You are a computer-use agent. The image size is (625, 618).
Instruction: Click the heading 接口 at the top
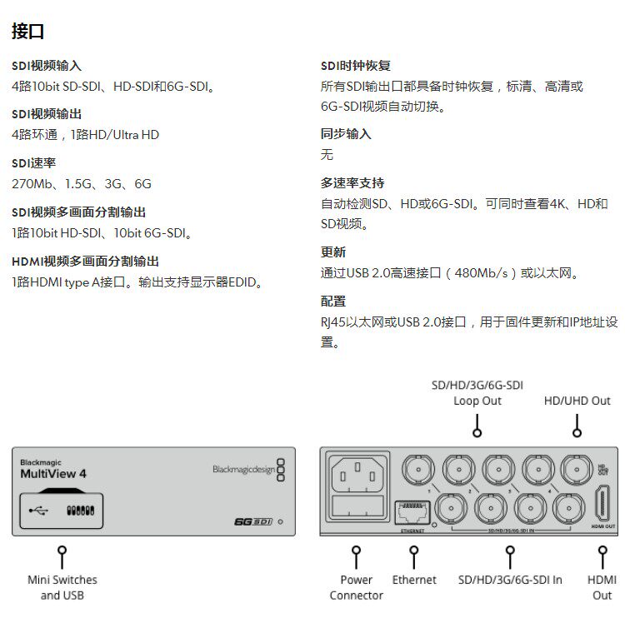click(x=27, y=32)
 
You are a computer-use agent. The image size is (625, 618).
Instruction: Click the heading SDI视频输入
click(x=47, y=65)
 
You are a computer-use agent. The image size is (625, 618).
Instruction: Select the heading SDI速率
click(x=34, y=162)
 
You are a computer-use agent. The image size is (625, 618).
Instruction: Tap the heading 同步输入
click(x=346, y=133)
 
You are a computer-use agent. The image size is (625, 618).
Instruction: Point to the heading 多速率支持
click(x=352, y=182)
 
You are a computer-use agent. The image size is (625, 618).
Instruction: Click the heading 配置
click(x=333, y=301)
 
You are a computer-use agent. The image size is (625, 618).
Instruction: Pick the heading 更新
click(x=333, y=252)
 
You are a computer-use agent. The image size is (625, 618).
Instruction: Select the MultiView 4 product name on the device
click(x=53, y=474)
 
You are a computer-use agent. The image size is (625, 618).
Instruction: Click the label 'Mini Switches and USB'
click(x=62, y=587)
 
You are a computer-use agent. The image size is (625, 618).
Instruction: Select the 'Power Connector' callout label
click(x=356, y=587)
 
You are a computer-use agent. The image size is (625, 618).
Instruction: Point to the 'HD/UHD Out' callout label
click(x=577, y=401)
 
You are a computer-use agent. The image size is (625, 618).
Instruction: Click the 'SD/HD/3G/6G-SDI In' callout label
click(x=510, y=580)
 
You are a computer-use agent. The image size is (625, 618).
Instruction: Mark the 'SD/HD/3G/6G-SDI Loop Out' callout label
click(x=477, y=392)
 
